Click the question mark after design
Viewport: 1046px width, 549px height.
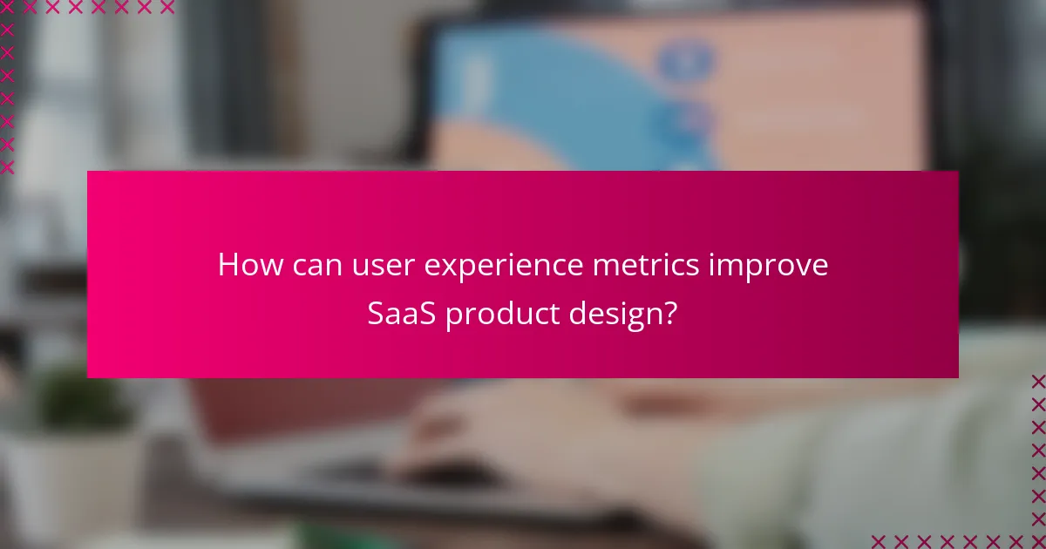coord(669,314)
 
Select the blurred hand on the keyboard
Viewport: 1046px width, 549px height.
coord(471,427)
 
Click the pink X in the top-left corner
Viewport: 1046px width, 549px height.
coord(8,8)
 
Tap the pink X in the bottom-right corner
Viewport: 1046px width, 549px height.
coord(1037,540)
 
